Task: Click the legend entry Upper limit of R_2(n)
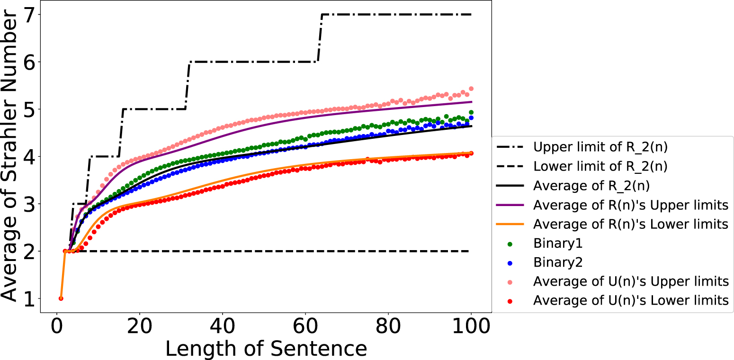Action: (x=600, y=147)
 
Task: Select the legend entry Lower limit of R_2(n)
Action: (x=600, y=167)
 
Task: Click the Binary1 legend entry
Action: (x=558, y=244)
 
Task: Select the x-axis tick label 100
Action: (x=471, y=327)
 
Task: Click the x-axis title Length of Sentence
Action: (x=266, y=349)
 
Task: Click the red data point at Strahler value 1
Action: (x=61, y=298)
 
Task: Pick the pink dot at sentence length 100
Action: (x=471, y=89)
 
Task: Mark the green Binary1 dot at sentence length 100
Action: (x=471, y=112)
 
